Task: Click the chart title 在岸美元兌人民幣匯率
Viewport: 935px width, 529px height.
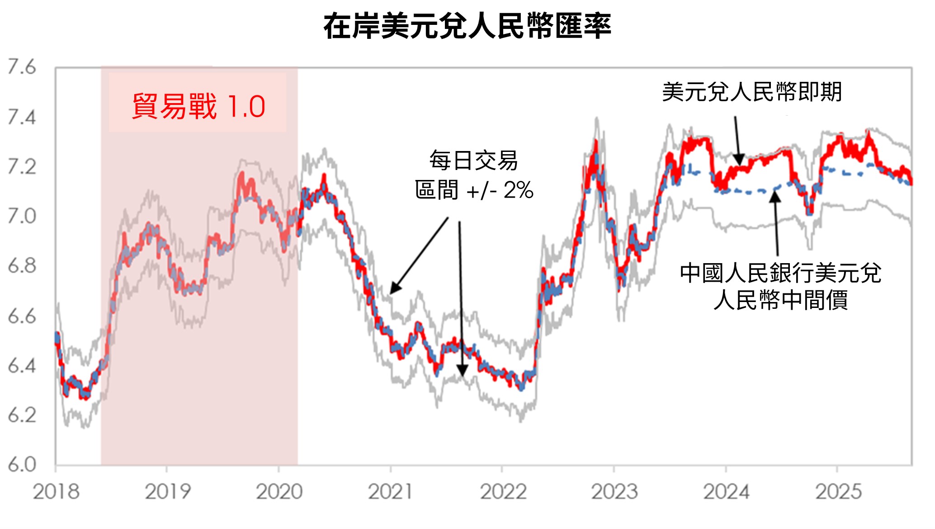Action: (x=467, y=26)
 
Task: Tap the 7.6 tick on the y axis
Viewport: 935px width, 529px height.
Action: (x=21, y=67)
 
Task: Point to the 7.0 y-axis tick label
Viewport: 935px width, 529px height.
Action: (x=21, y=216)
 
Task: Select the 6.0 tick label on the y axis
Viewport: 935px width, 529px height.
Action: (x=21, y=464)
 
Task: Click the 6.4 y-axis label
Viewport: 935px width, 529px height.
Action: (x=21, y=365)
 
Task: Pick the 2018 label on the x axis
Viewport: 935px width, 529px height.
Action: (x=56, y=492)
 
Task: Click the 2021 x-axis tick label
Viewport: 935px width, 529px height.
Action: (x=390, y=492)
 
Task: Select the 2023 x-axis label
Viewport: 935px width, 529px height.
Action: (x=614, y=492)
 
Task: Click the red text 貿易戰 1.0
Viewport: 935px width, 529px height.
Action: (x=198, y=106)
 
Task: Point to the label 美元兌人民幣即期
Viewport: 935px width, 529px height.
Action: (x=752, y=92)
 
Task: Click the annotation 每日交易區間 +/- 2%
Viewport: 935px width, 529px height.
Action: (x=474, y=175)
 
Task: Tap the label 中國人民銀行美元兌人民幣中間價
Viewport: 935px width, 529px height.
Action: (x=780, y=286)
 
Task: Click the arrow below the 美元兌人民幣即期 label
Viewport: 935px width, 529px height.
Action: (x=737, y=140)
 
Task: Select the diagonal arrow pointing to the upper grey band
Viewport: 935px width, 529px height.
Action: (x=419, y=255)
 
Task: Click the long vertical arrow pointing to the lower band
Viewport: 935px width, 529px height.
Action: (x=461, y=298)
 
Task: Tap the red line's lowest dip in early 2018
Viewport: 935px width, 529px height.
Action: (x=84, y=398)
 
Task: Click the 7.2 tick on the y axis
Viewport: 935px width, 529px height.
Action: (x=21, y=167)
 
